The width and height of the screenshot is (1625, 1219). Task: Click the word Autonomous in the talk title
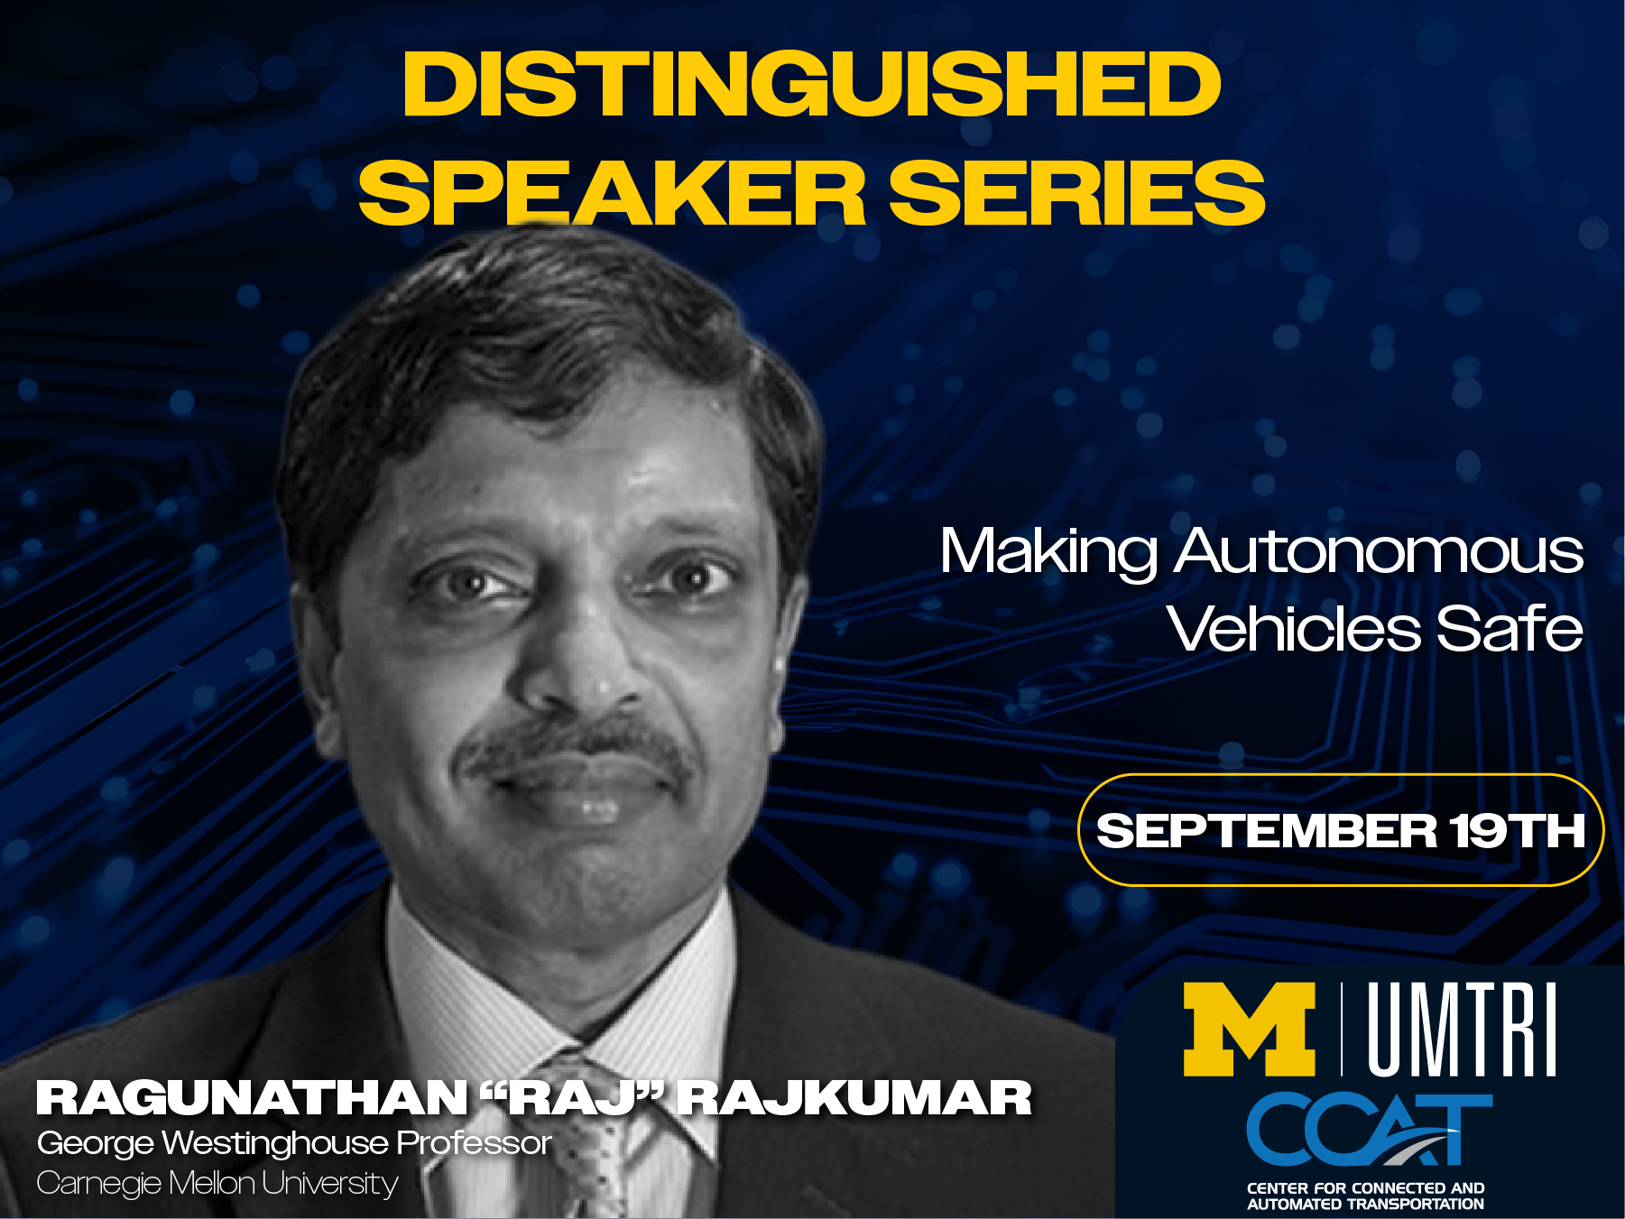[1379, 551]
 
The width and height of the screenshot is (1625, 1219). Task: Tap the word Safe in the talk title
[1510, 628]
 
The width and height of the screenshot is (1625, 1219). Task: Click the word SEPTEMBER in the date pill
[1266, 830]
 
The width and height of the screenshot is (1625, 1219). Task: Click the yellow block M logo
[1250, 1030]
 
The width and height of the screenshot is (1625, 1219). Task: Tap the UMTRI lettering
[1463, 1030]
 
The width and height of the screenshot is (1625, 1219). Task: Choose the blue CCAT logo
[1369, 1129]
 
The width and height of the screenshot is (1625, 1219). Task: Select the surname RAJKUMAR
[855, 1098]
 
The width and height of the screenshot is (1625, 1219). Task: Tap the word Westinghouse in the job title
[275, 1143]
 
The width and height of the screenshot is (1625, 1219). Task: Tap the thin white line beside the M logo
[1342, 1030]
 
